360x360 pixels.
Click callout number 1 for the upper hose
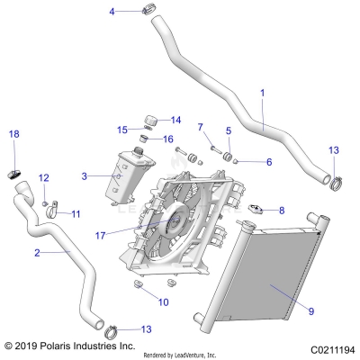pos(262,93)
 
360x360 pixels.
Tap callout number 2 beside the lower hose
pos(36,253)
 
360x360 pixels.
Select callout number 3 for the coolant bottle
pos(84,176)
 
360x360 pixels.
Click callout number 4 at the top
pos(112,11)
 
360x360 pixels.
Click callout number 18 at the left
pos(13,134)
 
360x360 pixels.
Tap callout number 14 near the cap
pos(175,120)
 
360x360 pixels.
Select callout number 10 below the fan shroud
pos(163,302)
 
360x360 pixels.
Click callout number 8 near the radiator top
pos(281,211)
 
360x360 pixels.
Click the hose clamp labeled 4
pos(146,11)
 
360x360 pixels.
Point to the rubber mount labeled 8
pos(255,209)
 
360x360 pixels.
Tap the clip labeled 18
pos(14,172)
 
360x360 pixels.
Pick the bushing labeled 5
pos(229,160)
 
